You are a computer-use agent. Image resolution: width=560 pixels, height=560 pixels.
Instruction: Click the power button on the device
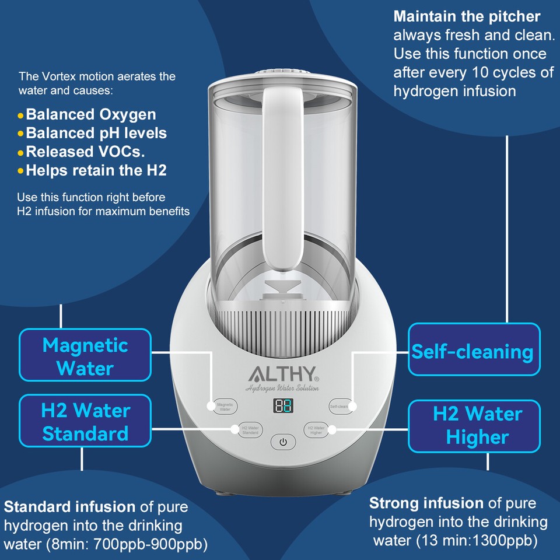[283, 442]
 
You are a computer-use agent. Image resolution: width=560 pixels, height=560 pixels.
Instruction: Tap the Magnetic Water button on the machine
[225, 407]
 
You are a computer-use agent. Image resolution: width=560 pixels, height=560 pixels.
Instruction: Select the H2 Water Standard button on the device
[250, 430]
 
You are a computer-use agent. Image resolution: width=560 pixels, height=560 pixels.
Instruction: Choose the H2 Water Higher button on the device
[316, 430]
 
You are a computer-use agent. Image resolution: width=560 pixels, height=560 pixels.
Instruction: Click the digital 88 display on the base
[283, 407]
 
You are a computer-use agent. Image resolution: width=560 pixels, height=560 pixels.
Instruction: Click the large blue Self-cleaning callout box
[473, 352]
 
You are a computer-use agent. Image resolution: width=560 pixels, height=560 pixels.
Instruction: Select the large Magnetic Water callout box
[85, 356]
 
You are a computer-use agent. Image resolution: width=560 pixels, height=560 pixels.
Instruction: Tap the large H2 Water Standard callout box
[85, 422]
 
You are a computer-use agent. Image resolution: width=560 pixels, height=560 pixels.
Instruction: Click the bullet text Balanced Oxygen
[90, 114]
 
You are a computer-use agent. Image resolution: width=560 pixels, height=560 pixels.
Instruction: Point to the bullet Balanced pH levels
[96, 133]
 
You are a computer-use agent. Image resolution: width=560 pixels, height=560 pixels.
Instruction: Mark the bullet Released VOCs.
[85, 152]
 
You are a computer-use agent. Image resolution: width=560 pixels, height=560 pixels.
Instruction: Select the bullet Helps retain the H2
[96, 170]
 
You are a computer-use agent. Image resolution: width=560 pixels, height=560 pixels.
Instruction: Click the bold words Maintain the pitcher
[467, 16]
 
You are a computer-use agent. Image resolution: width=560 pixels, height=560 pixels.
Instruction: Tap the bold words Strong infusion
[426, 503]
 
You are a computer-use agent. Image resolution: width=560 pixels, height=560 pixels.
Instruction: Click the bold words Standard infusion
[70, 506]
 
